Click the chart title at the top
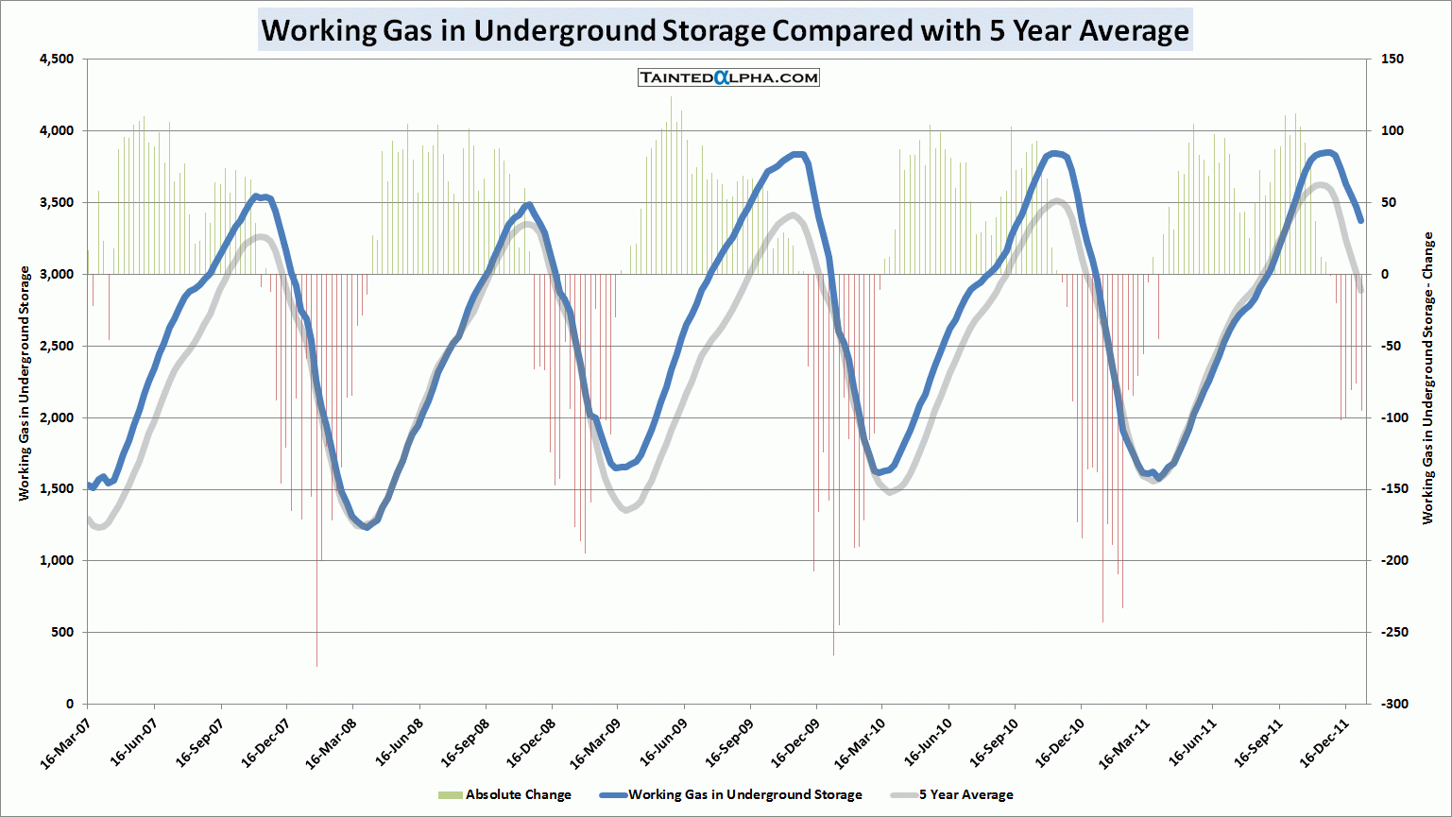pos(725,30)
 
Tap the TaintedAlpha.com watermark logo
pos(728,77)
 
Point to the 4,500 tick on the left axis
pos(56,60)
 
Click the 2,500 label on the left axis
pos(56,346)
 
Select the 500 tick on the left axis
pos(62,632)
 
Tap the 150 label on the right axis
pos(1392,60)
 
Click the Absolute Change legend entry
pos(518,794)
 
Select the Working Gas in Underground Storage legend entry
pos(744,794)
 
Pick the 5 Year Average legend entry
pos(965,794)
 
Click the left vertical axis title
pos(25,383)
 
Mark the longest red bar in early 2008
pos(316,472)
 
